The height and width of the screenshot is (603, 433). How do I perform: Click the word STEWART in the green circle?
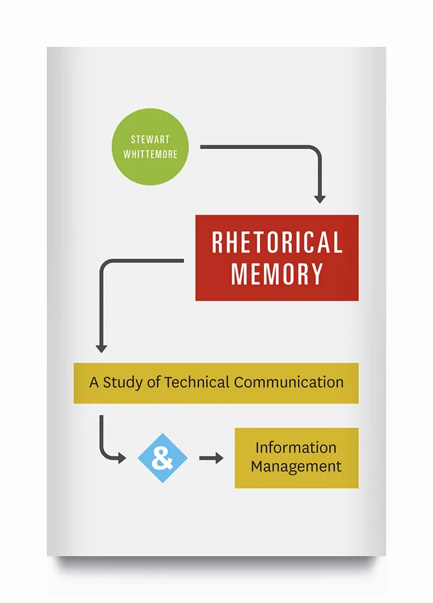150,140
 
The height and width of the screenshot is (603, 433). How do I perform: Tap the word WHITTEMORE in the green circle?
150,155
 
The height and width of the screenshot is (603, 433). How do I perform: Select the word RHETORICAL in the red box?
277,243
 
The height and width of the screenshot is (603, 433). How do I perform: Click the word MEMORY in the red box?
277,274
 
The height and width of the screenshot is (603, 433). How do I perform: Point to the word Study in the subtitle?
123,382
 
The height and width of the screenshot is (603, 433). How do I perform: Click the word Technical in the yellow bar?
197,382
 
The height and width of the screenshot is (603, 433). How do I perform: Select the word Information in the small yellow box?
296,448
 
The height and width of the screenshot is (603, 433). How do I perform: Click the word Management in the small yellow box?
296,466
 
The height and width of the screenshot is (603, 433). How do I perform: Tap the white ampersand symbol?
163,458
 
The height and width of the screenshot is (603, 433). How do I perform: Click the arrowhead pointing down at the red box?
319,198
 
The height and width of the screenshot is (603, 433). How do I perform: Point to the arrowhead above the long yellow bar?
101,347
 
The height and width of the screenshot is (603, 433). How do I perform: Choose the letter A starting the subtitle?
94,382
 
